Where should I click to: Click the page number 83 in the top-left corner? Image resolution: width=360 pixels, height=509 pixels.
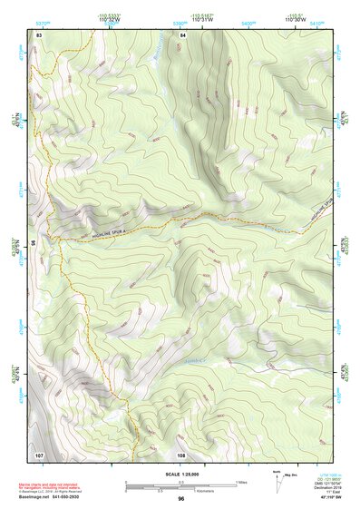(39, 34)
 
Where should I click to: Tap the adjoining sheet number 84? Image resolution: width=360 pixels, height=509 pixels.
(182, 34)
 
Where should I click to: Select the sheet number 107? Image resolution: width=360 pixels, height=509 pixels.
(39, 454)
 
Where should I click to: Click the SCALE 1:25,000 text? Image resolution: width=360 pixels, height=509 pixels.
(181, 474)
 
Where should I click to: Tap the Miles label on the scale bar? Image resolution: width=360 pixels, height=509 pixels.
(241, 481)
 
